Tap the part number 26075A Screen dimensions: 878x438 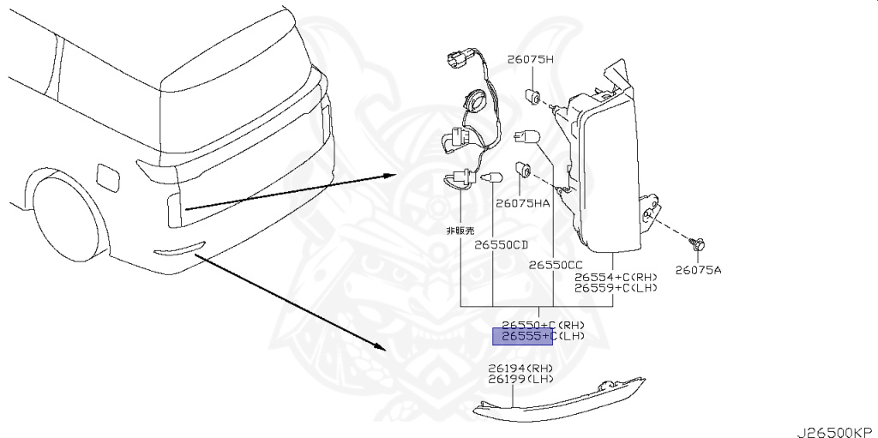698,269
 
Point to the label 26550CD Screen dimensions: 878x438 502,244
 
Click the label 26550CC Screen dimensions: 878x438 555,265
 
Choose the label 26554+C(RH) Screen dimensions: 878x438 616,278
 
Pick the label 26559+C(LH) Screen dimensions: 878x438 616,288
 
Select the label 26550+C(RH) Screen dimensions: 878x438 543,325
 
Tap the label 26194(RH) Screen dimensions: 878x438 520,369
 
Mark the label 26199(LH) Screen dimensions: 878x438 520,379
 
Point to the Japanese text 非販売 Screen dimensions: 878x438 459,231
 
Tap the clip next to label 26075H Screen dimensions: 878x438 532,93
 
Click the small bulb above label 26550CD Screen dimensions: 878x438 491,178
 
